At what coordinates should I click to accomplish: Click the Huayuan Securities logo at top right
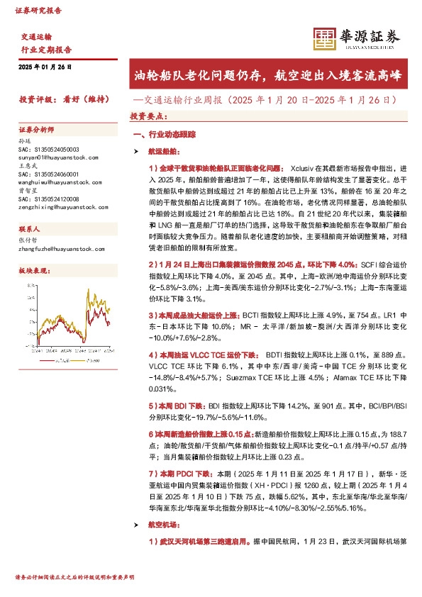357,39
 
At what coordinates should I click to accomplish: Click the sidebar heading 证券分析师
36,130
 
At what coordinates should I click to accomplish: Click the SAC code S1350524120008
49,199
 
